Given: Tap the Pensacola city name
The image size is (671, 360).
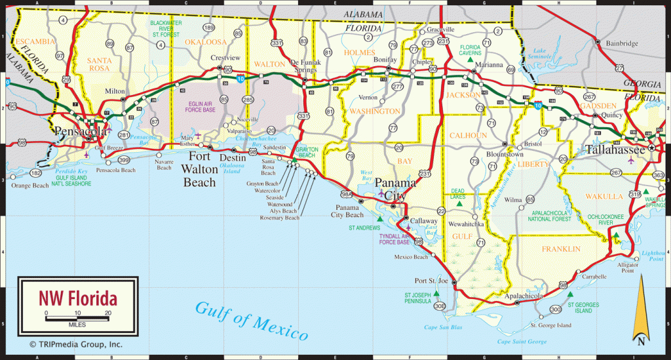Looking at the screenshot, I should tap(81, 130).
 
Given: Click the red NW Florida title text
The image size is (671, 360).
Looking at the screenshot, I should tap(77, 299).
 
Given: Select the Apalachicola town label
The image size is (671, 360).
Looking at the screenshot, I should tap(524, 296).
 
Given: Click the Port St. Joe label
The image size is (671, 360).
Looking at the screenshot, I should tap(431, 281).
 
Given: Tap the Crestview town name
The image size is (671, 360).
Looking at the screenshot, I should tap(223, 58).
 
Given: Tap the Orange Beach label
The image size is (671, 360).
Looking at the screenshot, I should tap(30, 186).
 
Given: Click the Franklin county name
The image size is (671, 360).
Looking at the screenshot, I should tap(560, 249).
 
